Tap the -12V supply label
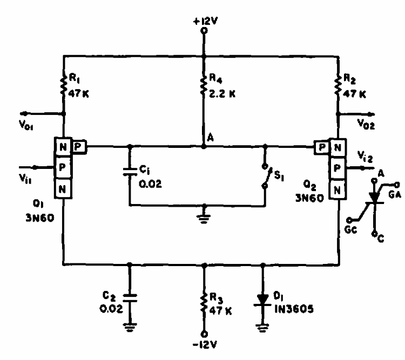pyautogui.click(x=204, y=344)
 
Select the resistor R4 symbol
pyautogui.click(x=204, y=85)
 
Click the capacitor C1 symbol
pyautogui.click(x=130, y=172)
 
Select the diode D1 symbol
pyautogui.click(x=263, y=298)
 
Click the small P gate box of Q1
pyautogui.click(x=78, y=146)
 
